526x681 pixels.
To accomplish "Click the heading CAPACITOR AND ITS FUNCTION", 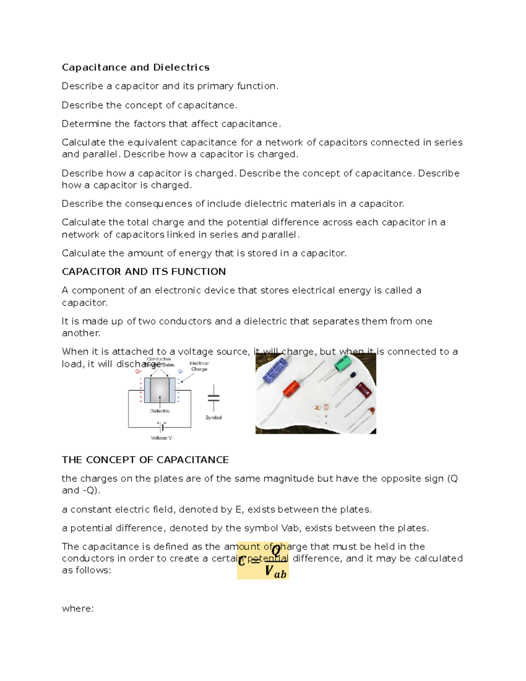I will coord(144,272).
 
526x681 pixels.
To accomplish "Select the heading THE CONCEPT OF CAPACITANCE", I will coord(145,460).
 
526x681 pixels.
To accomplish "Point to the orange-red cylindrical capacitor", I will coord(291,389).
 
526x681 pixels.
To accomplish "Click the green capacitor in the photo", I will coord(343,364).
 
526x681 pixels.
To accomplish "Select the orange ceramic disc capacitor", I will coord(371,411).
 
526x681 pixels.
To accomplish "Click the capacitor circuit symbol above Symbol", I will coord(213,398).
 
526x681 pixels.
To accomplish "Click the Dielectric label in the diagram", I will coord(160,411).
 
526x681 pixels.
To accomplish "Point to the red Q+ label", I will coord(139,371).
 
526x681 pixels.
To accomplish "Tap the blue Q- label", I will coord(180,371).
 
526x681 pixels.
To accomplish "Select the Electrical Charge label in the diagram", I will coord(199,366).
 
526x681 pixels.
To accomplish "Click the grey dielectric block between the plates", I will coord(160,390).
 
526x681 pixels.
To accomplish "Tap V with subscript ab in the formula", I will coord(275,572).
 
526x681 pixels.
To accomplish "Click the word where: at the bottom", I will coord(78,609).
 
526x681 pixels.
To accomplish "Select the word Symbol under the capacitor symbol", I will coord(213,418).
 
